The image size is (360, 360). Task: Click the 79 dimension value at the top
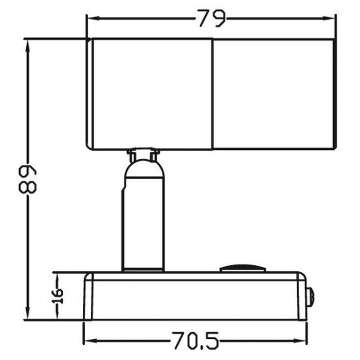tap(211, 19)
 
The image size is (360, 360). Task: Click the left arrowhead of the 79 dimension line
tap(92, 20)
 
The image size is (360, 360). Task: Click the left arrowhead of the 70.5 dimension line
tap(89, 340)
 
